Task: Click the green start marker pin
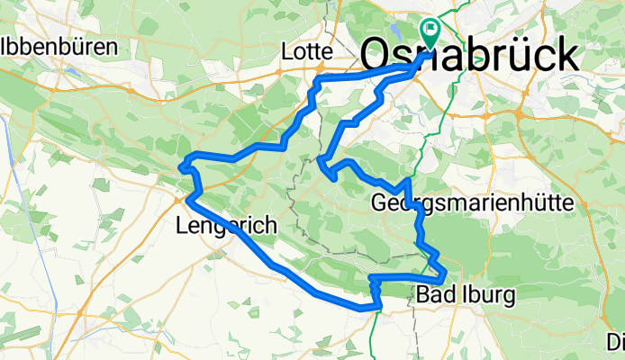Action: point(430,32)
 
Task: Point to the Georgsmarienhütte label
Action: point(472,203)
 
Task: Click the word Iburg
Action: point(488,294)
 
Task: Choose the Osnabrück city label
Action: point(470,56)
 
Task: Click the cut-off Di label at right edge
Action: point(616,342)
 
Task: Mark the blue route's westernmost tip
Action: point(180,166)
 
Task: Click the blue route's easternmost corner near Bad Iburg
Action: point(446,275)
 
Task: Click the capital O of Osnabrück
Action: point(376,56)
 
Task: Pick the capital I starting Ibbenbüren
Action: point(7,45)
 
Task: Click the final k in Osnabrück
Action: point(566,56)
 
